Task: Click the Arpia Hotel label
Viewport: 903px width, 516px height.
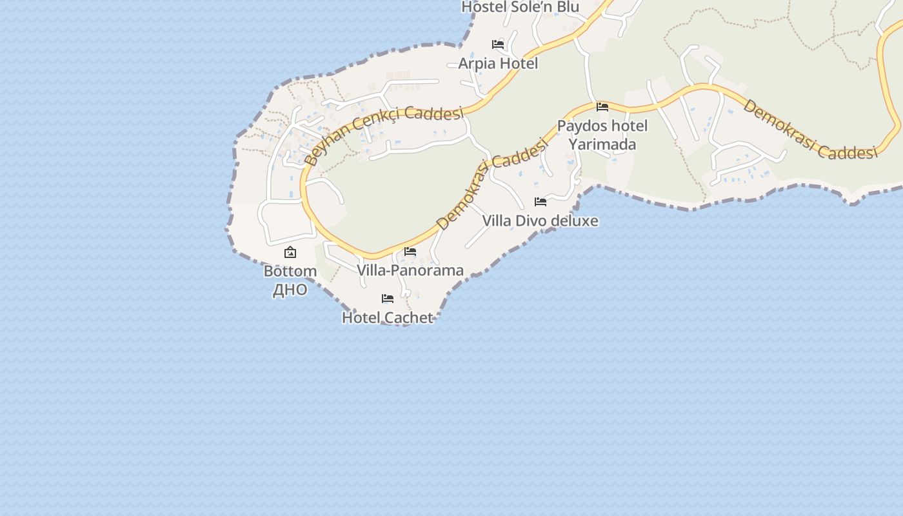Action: (498, 64)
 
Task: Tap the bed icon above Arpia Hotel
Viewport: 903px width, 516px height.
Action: (498, 45)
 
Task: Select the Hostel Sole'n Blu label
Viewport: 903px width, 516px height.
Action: (520, 7)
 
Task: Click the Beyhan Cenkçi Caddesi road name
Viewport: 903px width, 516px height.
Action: (384, 132)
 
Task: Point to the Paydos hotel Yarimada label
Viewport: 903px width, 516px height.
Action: (602, 135)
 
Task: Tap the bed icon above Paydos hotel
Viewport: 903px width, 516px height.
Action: (602, 107)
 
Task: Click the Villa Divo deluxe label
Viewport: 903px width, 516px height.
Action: (541, 221)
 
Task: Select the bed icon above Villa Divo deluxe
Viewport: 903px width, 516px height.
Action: (541, 202)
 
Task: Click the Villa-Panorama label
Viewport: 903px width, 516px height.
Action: (410, 270)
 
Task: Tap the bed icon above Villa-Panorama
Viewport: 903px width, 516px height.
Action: (410, 252)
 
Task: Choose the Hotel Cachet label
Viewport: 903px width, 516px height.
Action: (388, 318)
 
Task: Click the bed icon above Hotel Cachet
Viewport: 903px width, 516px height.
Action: (388, 299)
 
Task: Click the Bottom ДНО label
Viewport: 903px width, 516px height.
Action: (290, 281)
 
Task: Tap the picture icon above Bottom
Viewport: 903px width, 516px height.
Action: (290, 252)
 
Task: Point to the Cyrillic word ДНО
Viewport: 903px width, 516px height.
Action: (290, 290)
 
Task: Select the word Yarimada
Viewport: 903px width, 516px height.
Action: (602, 144)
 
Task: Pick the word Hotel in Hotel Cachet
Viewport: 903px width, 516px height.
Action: (359, 318)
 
